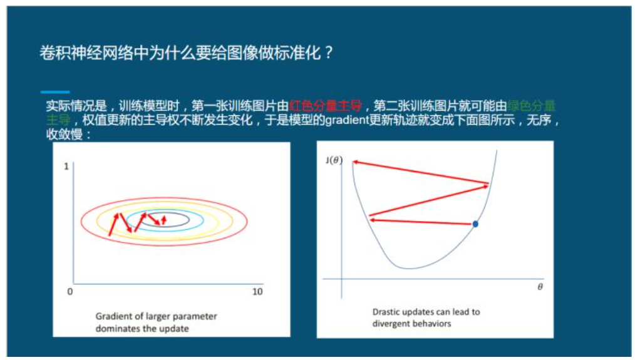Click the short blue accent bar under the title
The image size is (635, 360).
(x=54, y=92)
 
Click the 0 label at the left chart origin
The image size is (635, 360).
(x=70, y=292)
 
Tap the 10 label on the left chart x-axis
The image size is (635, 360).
(x=257, y=292)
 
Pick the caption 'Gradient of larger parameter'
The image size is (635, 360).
(x=156, y=316)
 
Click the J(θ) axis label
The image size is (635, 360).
(x=334, y=160)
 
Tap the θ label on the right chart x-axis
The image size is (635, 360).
(x=539, y=287)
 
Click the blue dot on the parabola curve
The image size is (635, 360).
(x=475, y=224)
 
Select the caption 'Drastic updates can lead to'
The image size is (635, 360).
(x=426, y=312)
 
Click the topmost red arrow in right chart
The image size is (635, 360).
(x=420, y=173)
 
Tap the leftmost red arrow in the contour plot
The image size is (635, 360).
(x=113, y=225)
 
